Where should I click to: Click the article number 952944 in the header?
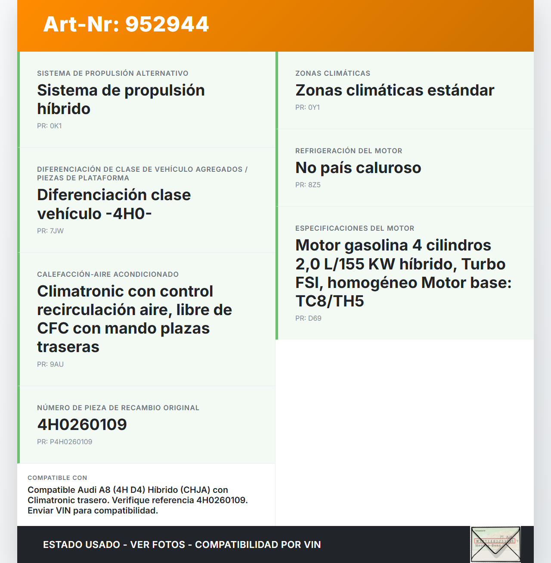pyautogui.click(x=167, y=24)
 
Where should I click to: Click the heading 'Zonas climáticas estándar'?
pyautogui.click(x=394, y=90)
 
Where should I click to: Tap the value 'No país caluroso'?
pyautogui.click(x=358, y=168)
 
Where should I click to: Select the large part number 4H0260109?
pyautogui.click(x=82, y=425)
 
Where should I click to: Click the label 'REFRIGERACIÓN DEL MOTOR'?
pyautogui.click(x=349, y=151)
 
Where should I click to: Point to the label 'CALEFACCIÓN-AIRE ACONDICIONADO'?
pyautogui.click(x=108, y=274)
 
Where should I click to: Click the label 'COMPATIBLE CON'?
pyautogui.click(x=57, y=478)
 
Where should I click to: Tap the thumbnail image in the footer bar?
pyautogui.click(x=495, y=544)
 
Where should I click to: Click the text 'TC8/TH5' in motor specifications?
pyautogui.click(x=330, y=301)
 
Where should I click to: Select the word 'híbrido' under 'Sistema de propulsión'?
pyautogui.click(x=64, y=109)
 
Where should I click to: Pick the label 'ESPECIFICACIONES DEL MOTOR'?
pyautogui.click(x=355, y=228)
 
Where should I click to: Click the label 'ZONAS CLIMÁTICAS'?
pyautogui.click(x=333, y=73)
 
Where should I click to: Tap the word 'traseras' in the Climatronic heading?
pyautogui.click(x=68, y=347)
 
